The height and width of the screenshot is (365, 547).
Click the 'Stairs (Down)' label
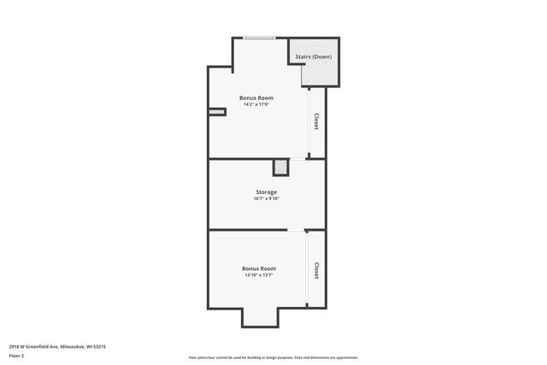pos(314,56)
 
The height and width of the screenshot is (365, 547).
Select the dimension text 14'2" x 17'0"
pos(256,104)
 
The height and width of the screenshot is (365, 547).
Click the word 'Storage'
pos(266,192)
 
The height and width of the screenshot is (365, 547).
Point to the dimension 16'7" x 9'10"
pos(266,199)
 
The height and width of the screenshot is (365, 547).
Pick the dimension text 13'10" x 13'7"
pos(259,275)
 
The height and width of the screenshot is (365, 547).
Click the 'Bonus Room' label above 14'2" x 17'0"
pos(256,97)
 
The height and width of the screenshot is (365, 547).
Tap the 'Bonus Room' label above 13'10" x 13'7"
pos(259,268)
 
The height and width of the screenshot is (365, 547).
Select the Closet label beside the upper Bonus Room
pos(316,122)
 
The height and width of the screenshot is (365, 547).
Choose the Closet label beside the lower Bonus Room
pos(316,271)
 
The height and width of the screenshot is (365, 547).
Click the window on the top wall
pos(259,38)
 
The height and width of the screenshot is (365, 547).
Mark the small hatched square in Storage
pos(280,168)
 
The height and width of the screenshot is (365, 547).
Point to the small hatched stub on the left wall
pos(217,111)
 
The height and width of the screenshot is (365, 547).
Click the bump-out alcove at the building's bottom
pos(259,318)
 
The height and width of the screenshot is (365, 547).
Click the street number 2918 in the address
pos(15,346)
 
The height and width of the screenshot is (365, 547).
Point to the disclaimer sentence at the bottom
pos(273,357)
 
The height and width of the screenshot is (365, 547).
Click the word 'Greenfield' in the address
pos(38,346)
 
